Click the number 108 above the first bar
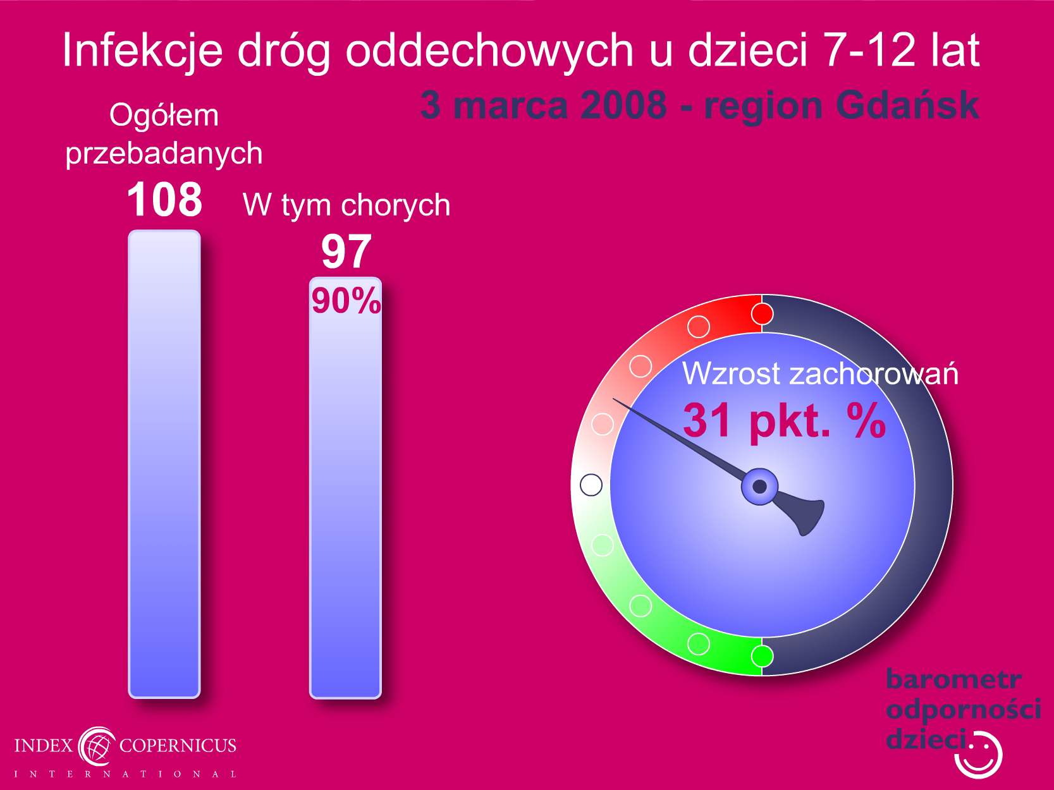(164, 199)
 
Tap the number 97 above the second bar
(346, 252)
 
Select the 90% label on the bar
(346, 301)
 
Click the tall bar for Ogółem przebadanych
(164, 464)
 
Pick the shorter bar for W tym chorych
(345, 487)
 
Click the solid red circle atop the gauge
(762, 314)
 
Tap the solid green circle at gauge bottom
(762, 656)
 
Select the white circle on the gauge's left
(591, 485)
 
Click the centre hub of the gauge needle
(759, 487)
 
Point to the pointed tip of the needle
(613, 399)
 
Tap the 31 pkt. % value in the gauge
(784, 421)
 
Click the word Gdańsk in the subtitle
(907, 106)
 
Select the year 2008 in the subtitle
(623, 106)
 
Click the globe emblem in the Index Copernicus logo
(97, 746)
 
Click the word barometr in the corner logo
(953, 679)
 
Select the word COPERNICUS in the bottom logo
(178, 745)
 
